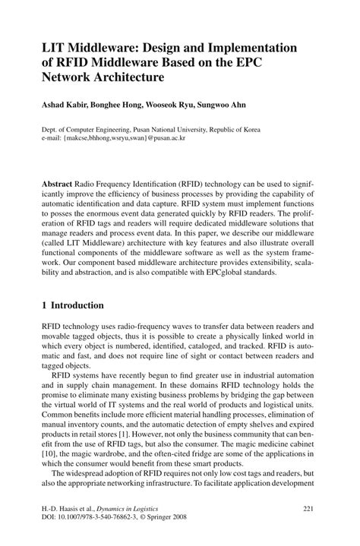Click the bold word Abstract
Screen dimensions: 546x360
coord(60,185)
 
